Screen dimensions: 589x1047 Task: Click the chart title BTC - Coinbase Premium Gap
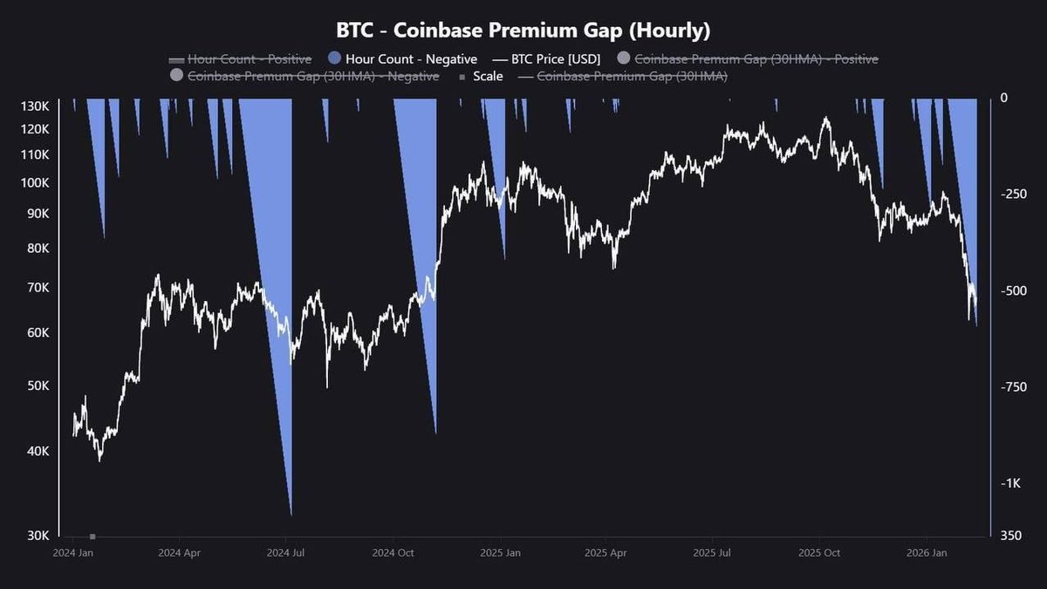pos(523,30)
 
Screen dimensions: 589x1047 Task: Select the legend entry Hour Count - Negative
pos(411,59)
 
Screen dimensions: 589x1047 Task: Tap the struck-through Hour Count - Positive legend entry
pos(249,59)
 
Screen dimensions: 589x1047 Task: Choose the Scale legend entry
pos(488,77)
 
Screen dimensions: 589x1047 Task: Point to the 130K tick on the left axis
pos(35,106)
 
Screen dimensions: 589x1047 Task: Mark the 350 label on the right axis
pos(1009,535)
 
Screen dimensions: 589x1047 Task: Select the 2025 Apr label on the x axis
pos(606,553)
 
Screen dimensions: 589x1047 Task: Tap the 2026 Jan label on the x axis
pos(927,553)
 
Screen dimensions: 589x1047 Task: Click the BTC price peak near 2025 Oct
pos(825,118)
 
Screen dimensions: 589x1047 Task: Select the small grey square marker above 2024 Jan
pos(92,536)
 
